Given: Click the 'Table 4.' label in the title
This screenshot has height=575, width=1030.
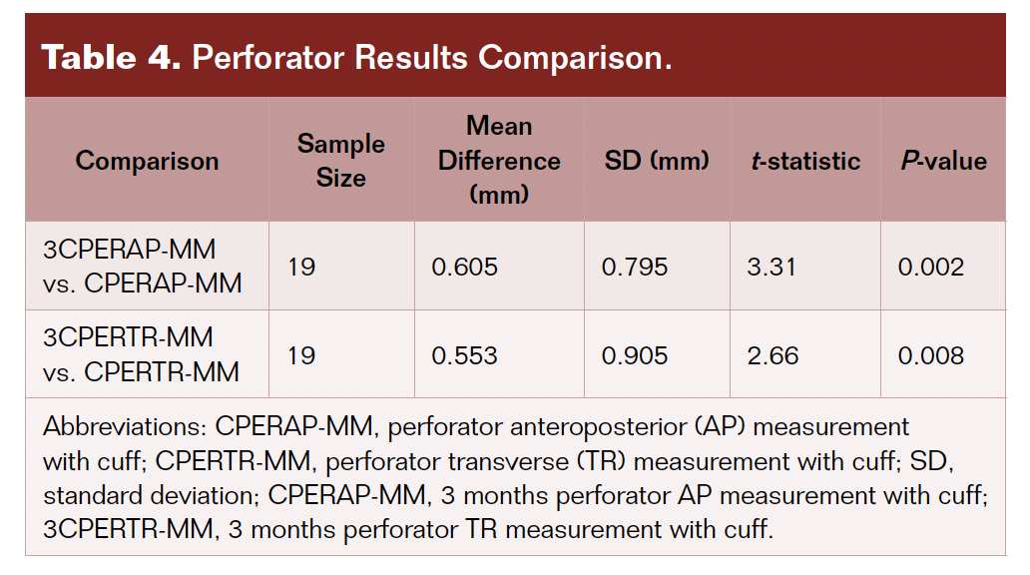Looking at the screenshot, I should coord(110,57).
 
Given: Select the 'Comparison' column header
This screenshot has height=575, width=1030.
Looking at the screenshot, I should coord(147,161).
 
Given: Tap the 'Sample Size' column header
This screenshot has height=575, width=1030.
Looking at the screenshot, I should coord(340,161).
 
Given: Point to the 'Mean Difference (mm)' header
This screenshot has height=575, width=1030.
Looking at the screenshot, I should coord(499,160).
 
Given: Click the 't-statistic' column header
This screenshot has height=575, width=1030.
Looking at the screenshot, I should coord(804,161).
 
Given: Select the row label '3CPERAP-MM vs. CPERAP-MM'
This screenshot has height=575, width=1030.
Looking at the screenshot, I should coord(143,266).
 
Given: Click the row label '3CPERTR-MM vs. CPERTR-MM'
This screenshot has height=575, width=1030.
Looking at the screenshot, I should coord(142,354).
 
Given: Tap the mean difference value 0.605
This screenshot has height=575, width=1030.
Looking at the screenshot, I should coord(464,267).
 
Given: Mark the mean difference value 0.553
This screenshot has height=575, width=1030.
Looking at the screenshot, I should coord(464,355).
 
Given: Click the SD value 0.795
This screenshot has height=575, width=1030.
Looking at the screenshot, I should coord(635,267).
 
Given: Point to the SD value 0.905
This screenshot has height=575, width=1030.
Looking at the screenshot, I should coord(635,355).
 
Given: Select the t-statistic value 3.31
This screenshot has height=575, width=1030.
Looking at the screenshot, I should coord(772,267).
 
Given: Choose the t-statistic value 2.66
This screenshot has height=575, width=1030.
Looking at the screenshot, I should coord(772,355).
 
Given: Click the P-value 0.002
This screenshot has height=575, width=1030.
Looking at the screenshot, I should coord(930,267).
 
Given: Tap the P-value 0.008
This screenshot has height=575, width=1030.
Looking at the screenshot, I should coord(930,355).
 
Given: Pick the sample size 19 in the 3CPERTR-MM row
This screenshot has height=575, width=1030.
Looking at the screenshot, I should coord(302,355).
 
